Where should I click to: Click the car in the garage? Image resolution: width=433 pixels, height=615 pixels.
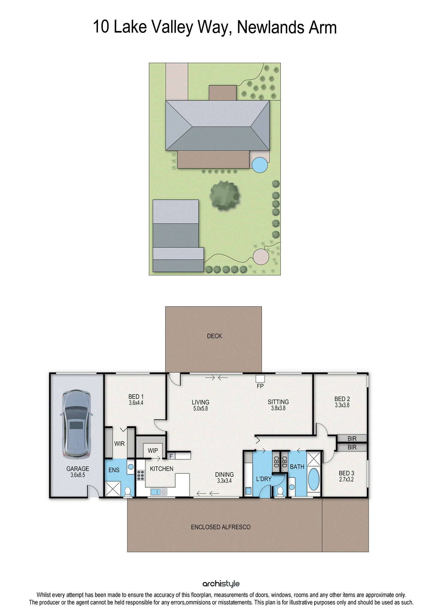click(76, 424)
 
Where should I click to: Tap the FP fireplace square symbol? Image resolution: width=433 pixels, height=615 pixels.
click(260, 379)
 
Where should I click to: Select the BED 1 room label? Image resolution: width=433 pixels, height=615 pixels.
click(136, 397)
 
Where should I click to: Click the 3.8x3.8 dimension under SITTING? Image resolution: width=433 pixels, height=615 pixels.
click(278, 408)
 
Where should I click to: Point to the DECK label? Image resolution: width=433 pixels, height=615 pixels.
click(214, 336)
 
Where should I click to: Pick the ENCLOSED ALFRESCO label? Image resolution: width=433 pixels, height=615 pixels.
click(221, 527)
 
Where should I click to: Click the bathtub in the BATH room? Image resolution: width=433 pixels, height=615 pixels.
click(314, 479)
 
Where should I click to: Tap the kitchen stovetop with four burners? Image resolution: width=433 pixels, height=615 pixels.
click(140, 475)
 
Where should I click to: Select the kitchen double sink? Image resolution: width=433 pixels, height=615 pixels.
click(158, 492)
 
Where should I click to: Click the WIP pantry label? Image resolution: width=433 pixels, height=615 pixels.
click(153, 451)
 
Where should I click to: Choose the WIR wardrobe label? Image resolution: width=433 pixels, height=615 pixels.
click(119, 444)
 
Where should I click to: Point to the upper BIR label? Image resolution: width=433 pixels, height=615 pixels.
click(352, 439)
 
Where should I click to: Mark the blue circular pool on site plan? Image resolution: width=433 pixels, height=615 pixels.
click(260, 165)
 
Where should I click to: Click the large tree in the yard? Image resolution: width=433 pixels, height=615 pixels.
click(225, 196)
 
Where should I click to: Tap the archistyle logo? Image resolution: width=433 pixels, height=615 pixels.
click(221, 584)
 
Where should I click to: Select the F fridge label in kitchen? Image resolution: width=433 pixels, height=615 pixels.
click(171, 456)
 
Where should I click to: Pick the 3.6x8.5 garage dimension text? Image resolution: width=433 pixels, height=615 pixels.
click(78, 475)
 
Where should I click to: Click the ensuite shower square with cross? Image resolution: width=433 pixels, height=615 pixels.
click(113, 489)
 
